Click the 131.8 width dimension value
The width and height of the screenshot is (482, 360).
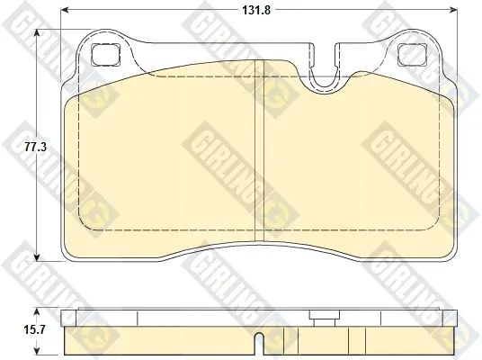click(256, 11)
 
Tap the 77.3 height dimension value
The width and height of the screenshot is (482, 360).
click(36, 147)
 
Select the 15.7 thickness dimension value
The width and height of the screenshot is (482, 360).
click(35, 330)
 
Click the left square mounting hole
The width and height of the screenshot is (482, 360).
click(105, 55)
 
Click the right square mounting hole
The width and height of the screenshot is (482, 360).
click(413, 55)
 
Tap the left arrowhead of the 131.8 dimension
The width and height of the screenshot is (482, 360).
click(65, 10)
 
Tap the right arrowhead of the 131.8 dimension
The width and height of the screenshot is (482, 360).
click(453, 10)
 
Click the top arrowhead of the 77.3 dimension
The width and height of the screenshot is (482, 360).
click(37, 33)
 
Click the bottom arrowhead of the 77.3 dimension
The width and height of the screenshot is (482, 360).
click(37, 257)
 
